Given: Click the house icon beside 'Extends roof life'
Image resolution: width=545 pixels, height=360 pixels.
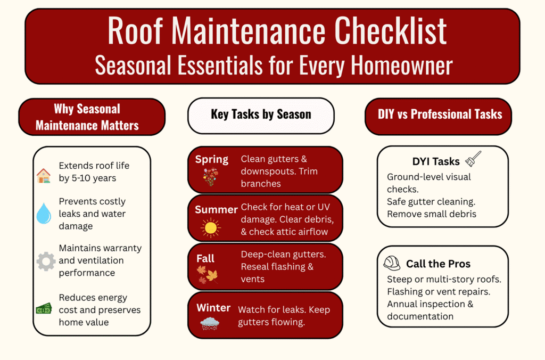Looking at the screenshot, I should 44,175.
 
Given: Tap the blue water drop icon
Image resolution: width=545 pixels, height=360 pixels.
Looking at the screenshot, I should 44,213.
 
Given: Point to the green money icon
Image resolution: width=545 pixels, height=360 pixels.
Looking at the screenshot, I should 44,308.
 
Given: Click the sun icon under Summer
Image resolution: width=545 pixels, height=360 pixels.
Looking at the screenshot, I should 210,227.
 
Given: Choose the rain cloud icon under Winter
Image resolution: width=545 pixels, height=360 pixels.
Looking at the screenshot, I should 210,324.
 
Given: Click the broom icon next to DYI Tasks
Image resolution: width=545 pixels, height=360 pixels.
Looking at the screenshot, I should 473,159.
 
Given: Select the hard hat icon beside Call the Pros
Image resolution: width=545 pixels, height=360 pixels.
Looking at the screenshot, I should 392,263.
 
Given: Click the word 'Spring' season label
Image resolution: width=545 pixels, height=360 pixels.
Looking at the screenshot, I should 212,159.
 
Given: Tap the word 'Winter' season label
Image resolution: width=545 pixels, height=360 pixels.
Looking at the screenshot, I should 213,308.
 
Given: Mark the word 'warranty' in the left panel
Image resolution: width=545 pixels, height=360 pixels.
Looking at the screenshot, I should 123,248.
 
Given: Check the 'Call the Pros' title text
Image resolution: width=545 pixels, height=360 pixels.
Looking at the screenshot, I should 438,264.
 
